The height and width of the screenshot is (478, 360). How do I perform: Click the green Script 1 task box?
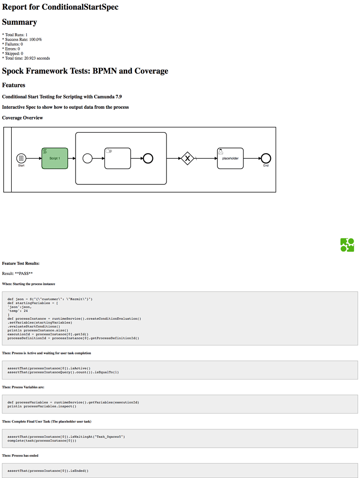(55, 159)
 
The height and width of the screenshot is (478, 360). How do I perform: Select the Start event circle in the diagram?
(21, 159)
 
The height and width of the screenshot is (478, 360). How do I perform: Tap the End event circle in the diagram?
(266, 158)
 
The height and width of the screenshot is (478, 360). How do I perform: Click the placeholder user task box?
(230, 158)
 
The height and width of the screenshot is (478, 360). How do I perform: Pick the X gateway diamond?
(187, 159)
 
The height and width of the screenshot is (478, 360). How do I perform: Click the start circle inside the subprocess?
(87, 159)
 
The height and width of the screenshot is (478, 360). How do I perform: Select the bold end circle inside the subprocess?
(148, 159)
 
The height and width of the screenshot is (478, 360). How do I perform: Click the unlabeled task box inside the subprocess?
(117, 159)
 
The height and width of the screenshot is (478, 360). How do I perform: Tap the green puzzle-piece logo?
(347, 245)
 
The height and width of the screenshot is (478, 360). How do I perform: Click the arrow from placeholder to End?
(252, 158)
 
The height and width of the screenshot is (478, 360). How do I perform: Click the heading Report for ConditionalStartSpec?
(60, 7)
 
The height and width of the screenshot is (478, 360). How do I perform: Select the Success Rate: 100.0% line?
(22, 40)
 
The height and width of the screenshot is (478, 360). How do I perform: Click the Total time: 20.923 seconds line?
(26, 58)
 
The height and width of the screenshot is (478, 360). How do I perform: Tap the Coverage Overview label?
(22, 118)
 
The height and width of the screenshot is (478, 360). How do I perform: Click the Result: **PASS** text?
(17, 274)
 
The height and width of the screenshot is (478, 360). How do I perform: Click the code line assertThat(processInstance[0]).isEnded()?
(48, 471)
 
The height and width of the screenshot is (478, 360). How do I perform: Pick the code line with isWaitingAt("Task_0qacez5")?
(66, 436)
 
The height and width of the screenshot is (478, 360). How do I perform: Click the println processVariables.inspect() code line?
(42, 406)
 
